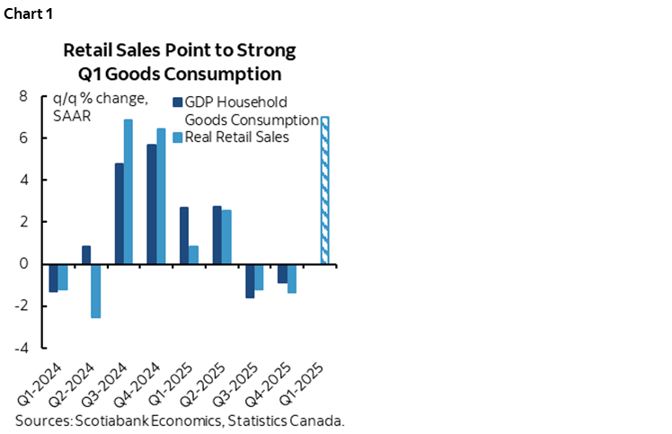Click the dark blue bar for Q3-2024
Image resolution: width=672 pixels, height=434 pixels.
(119, 214)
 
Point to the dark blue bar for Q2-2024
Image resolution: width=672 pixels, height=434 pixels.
(86, 255)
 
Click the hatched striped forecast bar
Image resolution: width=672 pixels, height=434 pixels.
(324, 190)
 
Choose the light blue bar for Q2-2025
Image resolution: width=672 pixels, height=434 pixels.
(226, 236)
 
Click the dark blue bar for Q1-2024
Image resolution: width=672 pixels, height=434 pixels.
(53, 278)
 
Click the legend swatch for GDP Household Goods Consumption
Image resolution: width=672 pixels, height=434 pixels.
(177, 102)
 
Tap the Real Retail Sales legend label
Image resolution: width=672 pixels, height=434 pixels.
(236, 137)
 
